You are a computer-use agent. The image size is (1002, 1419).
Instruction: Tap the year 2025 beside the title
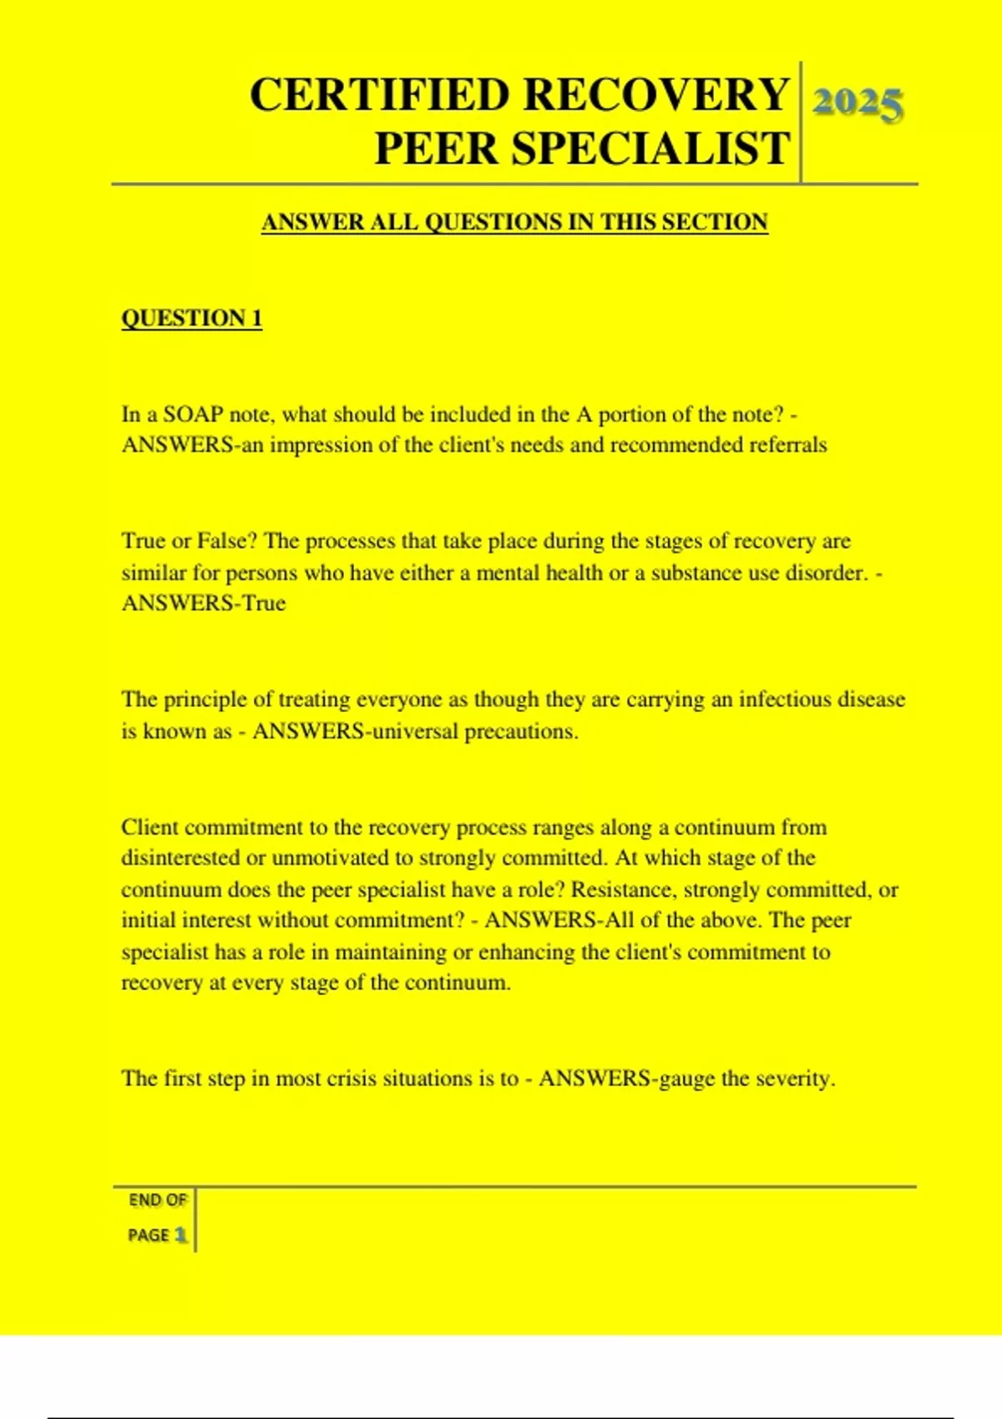coord(858,104)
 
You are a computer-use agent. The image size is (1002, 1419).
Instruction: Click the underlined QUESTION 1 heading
coord(191,318)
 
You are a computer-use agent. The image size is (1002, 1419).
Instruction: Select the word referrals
coord(787,445)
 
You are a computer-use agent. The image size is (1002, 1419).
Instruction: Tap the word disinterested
coord(180,858)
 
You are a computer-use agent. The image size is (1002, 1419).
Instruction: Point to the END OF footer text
coord(157,1200)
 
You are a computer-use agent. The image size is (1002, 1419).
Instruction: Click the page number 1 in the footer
coord(180,1235)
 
